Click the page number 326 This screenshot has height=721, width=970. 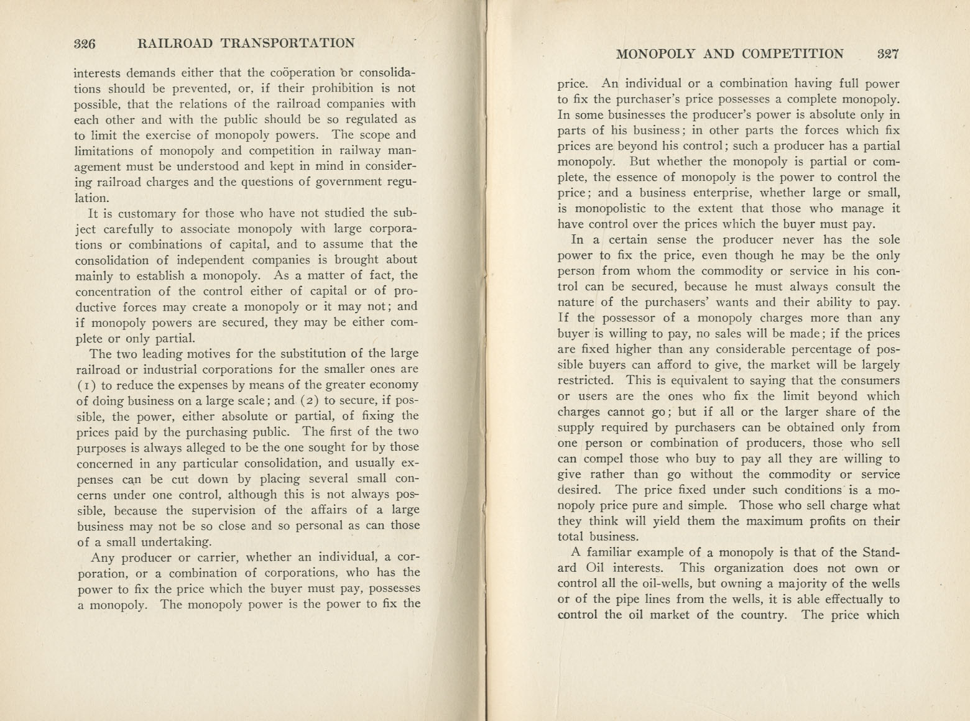pos(83,44)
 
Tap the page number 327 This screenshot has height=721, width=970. pos(887,54)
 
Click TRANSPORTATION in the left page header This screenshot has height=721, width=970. pos(288,43)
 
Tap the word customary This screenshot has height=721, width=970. pos(151,213)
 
